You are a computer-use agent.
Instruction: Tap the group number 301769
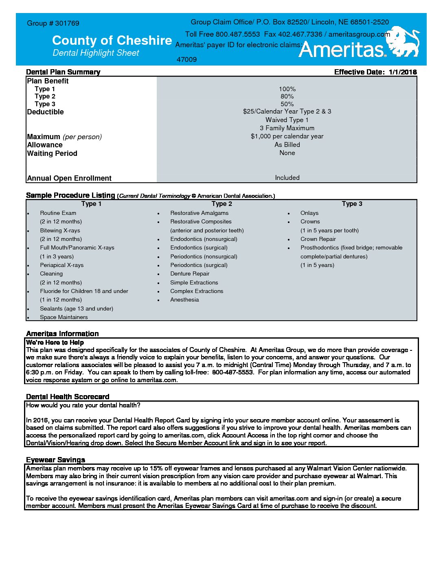[67, 23]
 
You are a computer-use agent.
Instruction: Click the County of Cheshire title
[112, 40]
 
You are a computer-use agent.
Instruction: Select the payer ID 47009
[186, 59]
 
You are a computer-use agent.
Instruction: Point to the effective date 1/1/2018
[403, 72]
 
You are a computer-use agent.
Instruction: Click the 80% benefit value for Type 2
[287, 96]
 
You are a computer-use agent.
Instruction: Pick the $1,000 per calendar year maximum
[287, 136]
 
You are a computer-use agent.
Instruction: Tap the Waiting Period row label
[52, 153]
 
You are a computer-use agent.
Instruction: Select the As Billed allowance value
[287, 145]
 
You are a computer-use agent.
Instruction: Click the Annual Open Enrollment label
[69, 178]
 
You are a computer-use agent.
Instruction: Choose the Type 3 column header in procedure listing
[352, 204]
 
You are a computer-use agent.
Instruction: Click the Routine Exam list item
[58, 213]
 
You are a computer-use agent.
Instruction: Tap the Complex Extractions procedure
[197, 291]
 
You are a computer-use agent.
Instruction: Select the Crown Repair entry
[318, 239]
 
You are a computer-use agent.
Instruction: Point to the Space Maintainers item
[64, 317]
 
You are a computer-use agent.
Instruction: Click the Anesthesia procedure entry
[184, 300]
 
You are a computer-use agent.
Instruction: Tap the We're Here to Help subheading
[55, 342]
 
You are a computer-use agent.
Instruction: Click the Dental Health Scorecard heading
[68, 397]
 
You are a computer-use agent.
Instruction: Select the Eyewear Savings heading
[55, 460]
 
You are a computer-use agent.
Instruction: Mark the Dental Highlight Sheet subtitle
[96, 53]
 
